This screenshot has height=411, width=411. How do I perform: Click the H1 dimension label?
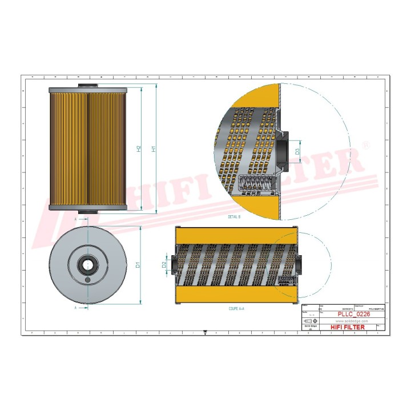[152, 149]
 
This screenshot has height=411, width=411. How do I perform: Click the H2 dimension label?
[139, 149]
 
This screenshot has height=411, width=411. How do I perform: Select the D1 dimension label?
[138, 265]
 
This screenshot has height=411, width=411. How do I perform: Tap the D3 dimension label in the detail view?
[297, 151]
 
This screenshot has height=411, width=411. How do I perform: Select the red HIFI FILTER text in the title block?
[346, 327]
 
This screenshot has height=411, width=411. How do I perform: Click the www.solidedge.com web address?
[348, 321]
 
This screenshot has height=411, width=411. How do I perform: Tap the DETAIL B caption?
[234, 217]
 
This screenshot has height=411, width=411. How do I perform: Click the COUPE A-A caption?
[236, 308]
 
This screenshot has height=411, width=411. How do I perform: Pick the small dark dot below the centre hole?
[87, 280]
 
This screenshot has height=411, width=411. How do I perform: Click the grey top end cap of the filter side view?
[87, 90]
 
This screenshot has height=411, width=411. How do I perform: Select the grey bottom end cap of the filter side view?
[87, 208]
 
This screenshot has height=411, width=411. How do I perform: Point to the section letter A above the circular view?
[76, 218]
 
